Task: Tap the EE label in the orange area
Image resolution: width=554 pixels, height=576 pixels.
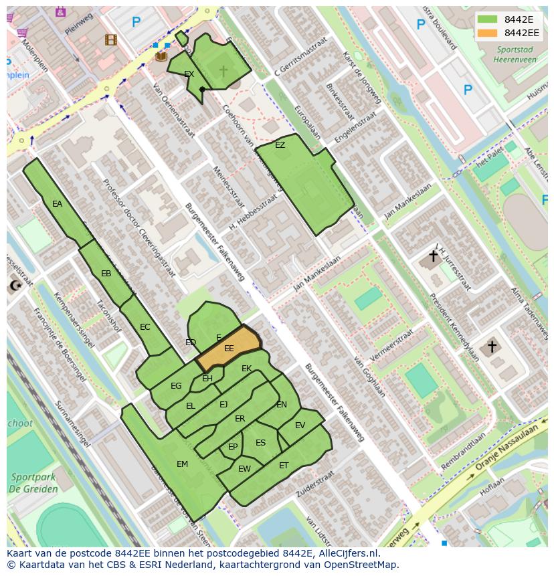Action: point(229,349)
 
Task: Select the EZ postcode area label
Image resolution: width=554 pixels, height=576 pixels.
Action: point(280,145)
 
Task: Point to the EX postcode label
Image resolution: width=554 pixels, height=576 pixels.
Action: point(189,74)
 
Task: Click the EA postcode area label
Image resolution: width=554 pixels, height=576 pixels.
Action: point(57,204)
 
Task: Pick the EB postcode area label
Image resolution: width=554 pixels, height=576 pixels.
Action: point(106,274)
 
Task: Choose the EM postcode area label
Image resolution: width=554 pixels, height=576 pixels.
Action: point(182,464)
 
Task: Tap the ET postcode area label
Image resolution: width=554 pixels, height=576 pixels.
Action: point(284,466)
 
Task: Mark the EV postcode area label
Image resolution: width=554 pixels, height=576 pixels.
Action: point(300,425)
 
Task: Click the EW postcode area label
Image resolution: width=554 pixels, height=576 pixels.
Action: point(244,469)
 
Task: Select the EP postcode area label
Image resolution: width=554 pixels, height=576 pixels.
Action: point(233,447)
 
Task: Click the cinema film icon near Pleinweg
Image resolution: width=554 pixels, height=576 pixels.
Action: point(110,40)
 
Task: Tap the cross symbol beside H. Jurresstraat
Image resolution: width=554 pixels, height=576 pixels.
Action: point(433,256)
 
